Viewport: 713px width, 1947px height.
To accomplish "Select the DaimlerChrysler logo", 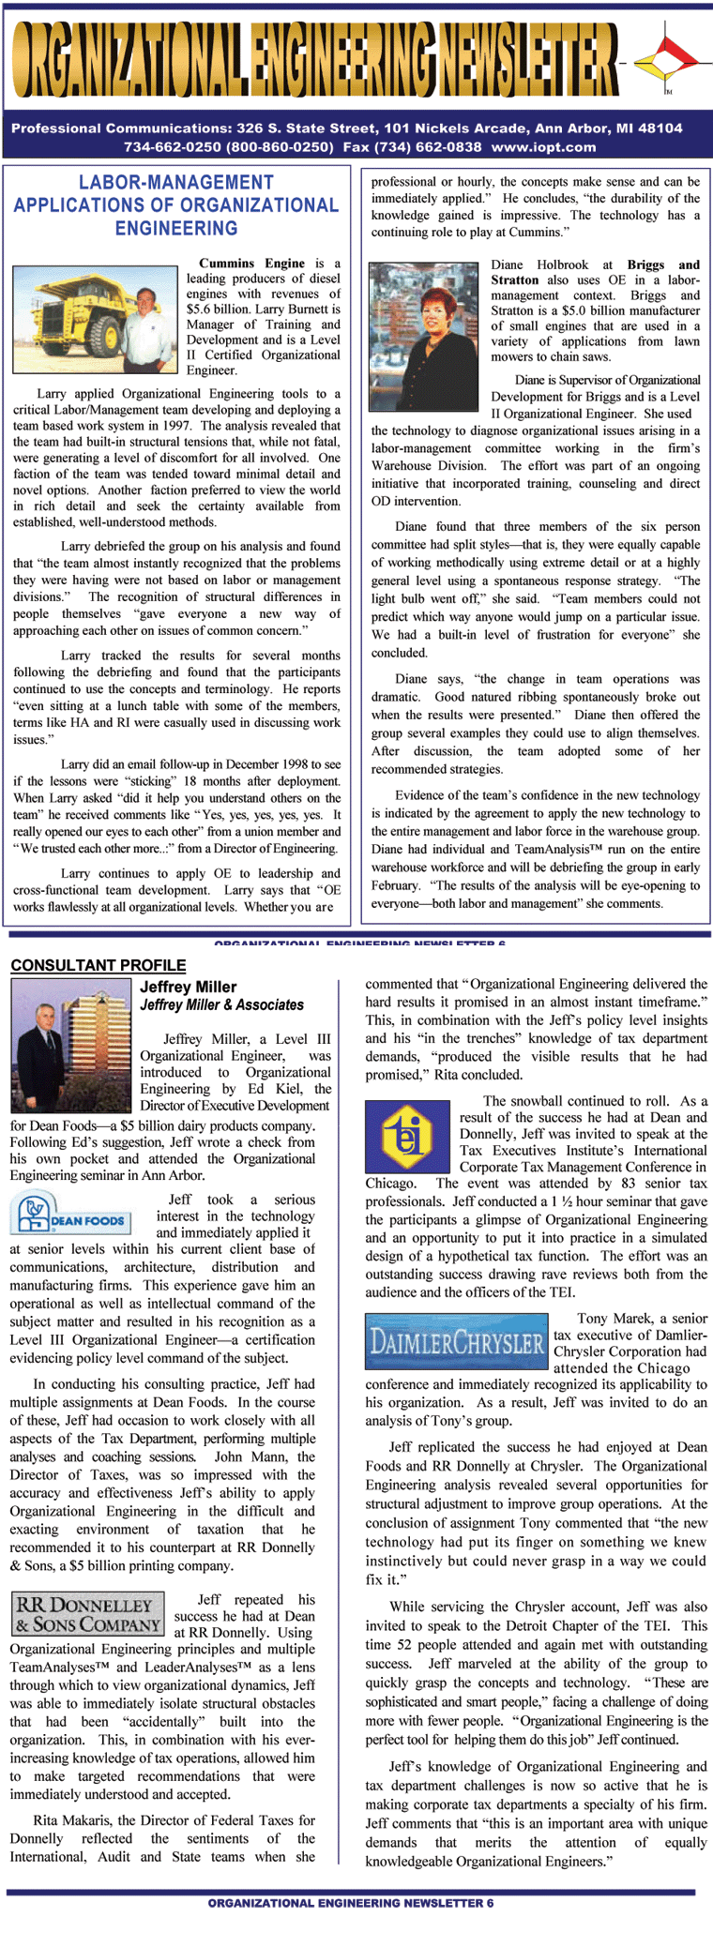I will (x=456, y=1343).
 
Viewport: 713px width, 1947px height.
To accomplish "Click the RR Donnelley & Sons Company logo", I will (x=87, y=1613).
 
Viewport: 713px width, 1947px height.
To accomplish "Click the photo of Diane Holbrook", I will (x=424, y=324).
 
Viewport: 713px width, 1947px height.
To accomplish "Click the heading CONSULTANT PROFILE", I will (x=99, y=965).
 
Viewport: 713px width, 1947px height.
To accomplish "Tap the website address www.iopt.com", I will (x=543, y=147).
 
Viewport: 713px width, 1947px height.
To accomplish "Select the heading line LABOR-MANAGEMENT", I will (x=176, y=183).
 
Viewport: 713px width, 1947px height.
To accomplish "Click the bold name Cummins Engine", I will (x=251, y=264).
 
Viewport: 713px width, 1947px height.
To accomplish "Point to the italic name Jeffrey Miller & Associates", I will (x=221, y=1004).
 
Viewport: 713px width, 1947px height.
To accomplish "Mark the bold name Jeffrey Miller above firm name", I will (x=188, y=987).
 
